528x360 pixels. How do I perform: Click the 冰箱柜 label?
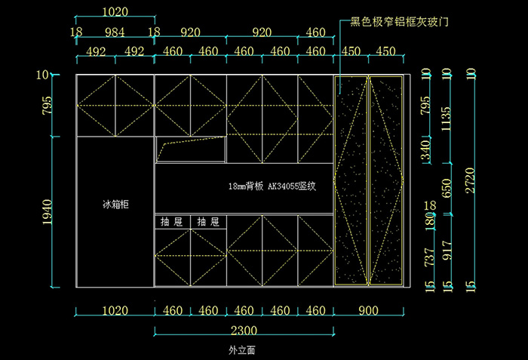tap(115, 205)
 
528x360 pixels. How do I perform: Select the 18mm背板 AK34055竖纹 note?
tap(271, 186)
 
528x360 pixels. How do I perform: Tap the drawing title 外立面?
tap(243, 351)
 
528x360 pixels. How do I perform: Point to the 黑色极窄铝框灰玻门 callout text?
tap(400, 23)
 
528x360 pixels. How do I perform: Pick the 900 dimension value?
tap(369, 311)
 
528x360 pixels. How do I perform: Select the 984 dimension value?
tap(115, 32)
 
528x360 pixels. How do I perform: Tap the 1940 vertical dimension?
tap(47, 213)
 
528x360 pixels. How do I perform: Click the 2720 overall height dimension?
tap(471, 181)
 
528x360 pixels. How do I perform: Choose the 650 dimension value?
tap(447, 187)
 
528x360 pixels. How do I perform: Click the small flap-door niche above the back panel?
tap(191, 149)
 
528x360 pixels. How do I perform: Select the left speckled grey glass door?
tap(351, 180)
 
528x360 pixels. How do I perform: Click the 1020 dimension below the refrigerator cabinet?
tap(115, 311)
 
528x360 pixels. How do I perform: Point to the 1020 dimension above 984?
tap(115, 13)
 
